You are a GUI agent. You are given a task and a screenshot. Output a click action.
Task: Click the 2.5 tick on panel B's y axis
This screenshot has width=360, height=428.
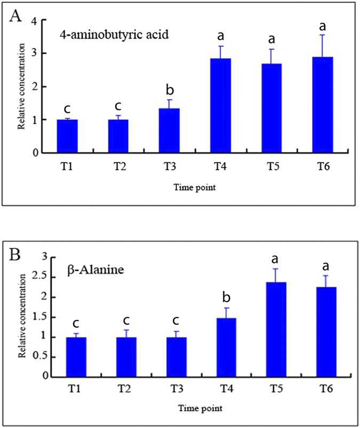tap(52, 277)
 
